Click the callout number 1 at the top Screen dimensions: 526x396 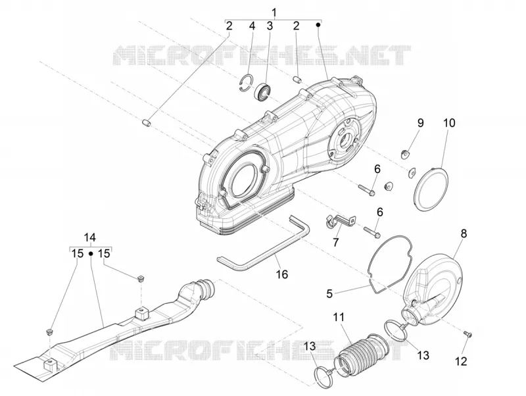pyautogui.click(x=274, y=12)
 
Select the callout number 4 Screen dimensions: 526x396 pyautogui.click(x=252, y=26)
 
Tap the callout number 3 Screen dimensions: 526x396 pyautogui.click(x=270, y=26)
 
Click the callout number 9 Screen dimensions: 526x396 pyautogui.click(x=420, y=123)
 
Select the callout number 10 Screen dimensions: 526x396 pyautogui.click(x=449, y=123)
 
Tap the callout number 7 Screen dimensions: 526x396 pyautogui.click(x=336, y=241)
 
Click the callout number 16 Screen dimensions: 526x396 pyautogui.click(x=282, y=274)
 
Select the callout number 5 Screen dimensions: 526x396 pyautogui.click(x=329, y=293)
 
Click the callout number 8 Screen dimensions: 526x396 pyautogui.click(x=464, y=234)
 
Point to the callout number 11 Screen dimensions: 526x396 pyautogui.click(x=339, y=317)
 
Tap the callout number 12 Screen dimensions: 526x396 pyautogui.click(x=461, y=361)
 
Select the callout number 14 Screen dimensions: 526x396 pyautogui.click(x=90, y=237)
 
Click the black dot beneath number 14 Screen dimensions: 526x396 pyautogui.click(x=90, y=254)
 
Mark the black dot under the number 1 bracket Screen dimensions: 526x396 pyautogui.click(x=318, y=24)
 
